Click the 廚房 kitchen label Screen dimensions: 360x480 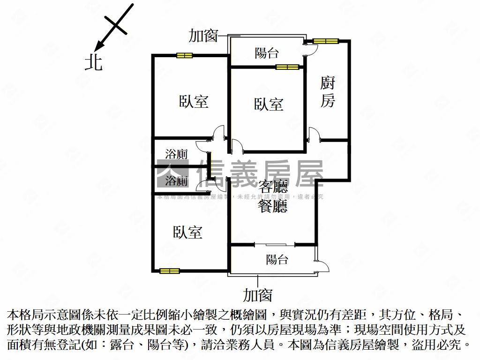[x=328, y=92]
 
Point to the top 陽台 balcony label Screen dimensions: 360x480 [x=267, y=53]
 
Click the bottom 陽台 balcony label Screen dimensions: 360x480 [x=277, y=259]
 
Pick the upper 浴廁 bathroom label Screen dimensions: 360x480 [x=177, y=154]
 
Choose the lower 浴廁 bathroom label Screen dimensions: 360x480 [x=177, y=180]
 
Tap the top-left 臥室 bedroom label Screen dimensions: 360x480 [x=194, y=101]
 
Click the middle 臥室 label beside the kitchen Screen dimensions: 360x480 [x=269, y=104]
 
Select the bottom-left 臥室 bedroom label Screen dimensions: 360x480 [x=187, y=232]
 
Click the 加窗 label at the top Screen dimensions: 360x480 [x=203, y=36]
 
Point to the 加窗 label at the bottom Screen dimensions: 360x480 [x=257, y=295]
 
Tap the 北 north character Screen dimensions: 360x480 [x=93, y=61]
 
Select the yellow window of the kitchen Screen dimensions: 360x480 [x=326, y=41]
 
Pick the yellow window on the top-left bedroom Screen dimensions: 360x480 [x=184, y=55]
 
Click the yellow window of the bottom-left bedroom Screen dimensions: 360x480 [x=169, y=270]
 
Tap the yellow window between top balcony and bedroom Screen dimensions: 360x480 [x=287, y=67]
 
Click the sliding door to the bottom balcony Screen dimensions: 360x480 [x=275, y=244]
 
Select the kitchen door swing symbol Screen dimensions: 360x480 [x=314, y=135]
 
